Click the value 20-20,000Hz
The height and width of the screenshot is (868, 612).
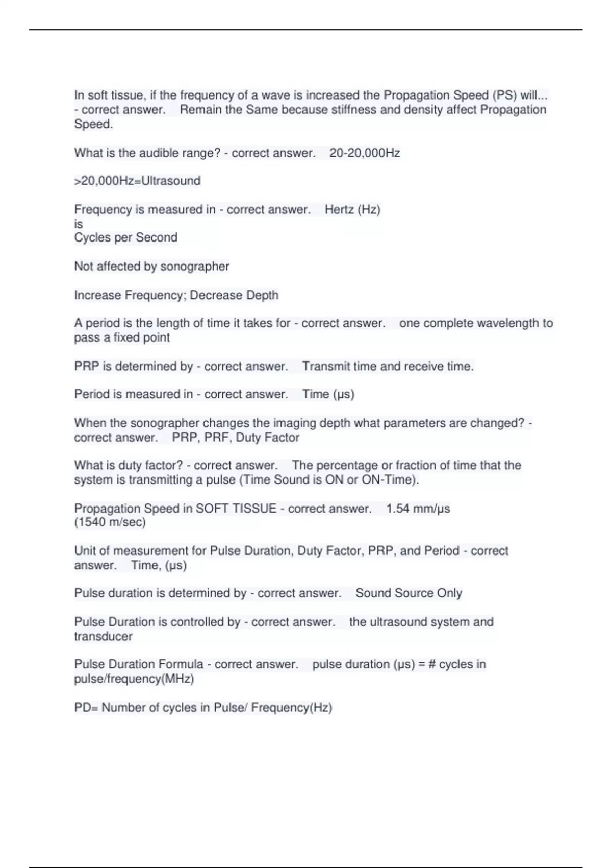pyautogui.click(x=364, y=153)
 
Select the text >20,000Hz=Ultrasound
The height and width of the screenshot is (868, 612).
pyautogui.click(x=137, y=181)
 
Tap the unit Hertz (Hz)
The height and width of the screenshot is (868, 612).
pyautogui.click(x=352, y=209)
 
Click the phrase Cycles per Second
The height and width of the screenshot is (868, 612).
pyautogui.click(x=125, y=237)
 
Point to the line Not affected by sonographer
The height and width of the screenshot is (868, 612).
pyautogui.click(x=151, y=266)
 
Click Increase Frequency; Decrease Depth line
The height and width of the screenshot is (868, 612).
pyautogui.click(x=176, y=295)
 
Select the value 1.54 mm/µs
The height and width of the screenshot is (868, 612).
pyautogui.click(x=418, y=509)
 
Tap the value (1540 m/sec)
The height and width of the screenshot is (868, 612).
pyautogui.click(x=110, y=522)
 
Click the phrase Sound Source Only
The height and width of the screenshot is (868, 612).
pyautogui.click(x=409, y=593)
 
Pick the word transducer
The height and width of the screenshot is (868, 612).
pyautogui.click(x=103, y=636)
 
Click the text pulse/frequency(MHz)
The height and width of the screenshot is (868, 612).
pyautogui.click(x=134, y=679)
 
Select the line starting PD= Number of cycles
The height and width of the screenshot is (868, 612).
pyautogui.click(x=203, y=707)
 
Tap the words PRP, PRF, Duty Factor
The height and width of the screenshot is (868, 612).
pyautogui.click(x=236, y=437)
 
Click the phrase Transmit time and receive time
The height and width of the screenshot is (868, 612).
pyautogui.click(x=388, y=366)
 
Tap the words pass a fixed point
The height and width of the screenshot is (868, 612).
pyautogui.click(x=122, y=337)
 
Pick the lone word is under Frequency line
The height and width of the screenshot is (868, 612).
pyautogui.click(x=78, y=224)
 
